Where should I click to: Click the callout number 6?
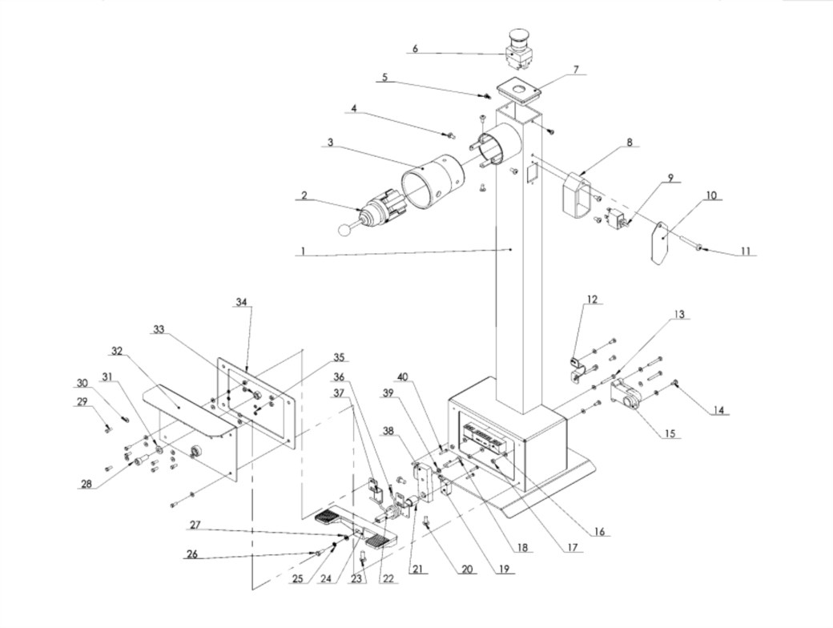click(x=416, y=48)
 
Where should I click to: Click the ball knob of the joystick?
click(x=345, y=229)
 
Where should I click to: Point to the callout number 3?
click(x=330, y=143)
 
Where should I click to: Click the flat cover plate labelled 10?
click(x=660, y=242)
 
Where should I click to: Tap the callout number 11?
click(x=746, y=250)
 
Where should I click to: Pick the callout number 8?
click(x=630, y=142)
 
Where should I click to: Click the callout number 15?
click(x=670, y=433)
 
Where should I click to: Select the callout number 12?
click(x=593, y=300)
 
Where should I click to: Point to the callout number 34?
click(x=242, y=302)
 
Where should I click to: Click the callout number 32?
click(x=118, y=351)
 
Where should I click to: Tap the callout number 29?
click(x=82, y=402)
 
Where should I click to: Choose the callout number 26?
click(x=192, y=554)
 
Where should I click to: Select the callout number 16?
click(x=599, y=531)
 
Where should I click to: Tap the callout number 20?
click(x=466, y=570)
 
